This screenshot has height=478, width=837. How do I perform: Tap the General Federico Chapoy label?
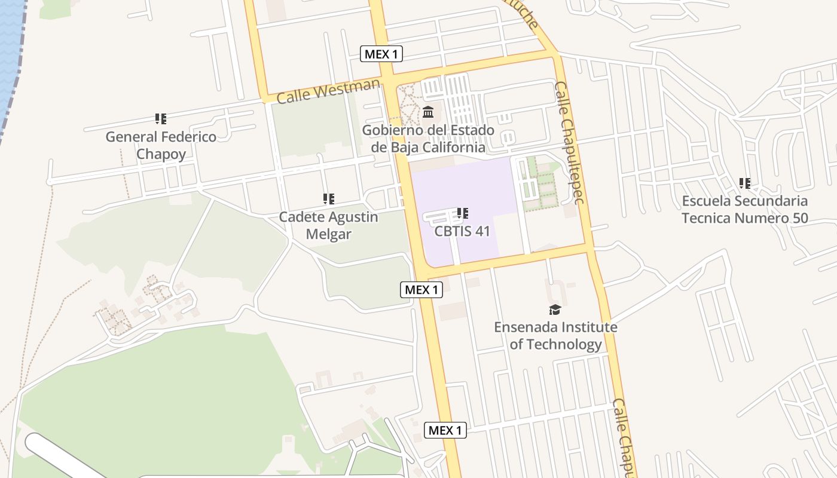(161, 145)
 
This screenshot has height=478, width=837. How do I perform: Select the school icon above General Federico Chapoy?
(160, 119)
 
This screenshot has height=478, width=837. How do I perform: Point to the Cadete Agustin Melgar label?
(328, 225)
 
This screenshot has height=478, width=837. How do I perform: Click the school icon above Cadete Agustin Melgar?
(328, 198)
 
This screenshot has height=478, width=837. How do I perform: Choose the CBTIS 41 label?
(462, 231)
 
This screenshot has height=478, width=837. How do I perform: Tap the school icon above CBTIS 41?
(462, 213)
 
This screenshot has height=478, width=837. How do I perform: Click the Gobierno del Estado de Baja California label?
(428, 139)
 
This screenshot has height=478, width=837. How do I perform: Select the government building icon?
(428, 112)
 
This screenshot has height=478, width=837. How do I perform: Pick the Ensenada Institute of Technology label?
(555, 336)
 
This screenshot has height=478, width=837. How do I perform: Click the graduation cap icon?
(555, 310)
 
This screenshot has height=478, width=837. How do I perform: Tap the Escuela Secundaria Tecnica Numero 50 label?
(745, 209)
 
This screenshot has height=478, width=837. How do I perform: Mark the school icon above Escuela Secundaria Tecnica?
(745, 183)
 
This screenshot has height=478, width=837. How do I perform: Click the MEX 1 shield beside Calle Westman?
(381, 54)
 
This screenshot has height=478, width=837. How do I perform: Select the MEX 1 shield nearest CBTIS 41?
(421, 290)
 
